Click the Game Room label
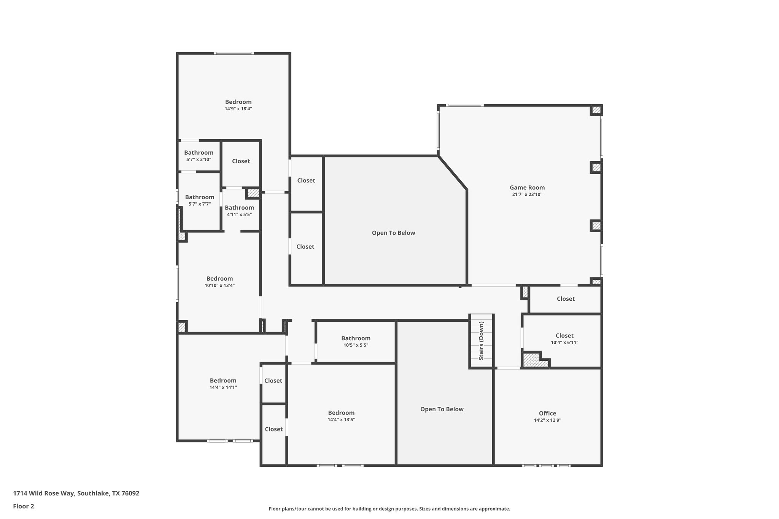[527, 187]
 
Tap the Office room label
[547, 413]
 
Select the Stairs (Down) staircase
[481, 341]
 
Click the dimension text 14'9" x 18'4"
[238, 109]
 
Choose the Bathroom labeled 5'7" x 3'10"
[199, 153]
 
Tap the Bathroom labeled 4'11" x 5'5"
[239, 208]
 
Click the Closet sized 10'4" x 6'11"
[564, 336]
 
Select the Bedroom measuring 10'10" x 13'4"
[219, 279]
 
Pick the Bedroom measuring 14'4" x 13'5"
[341, 413]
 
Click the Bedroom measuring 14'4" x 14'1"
[223, 381]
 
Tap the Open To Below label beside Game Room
[393, 233]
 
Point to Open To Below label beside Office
[442, 409]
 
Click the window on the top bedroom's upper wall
[234, 53]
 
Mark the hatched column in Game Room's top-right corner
[596, 110]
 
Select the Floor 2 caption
[24, 506]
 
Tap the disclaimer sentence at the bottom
[389, 509]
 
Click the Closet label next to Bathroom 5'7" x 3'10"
[241, 161]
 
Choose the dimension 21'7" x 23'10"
[527, 195]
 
